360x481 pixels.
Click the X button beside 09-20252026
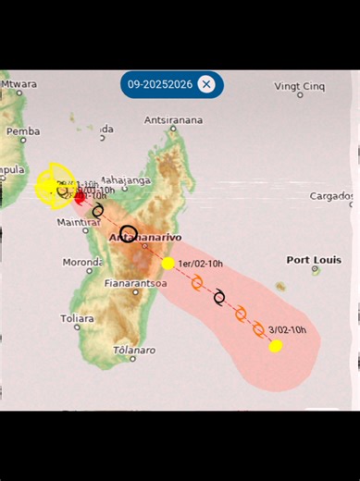[x=206, y=84]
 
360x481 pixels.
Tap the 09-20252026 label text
[x=159, y=84]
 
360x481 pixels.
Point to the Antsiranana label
[x=173, y=120]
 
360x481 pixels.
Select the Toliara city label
[x=77, y=318]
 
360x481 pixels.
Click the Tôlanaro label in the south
[x=134, y=351]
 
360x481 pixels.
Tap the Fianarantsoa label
[x=136, y=283]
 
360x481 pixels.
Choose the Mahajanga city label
[x=125, y=180]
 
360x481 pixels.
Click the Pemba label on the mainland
[x=23, y=131]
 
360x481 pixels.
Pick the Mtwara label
[x=19, y=84]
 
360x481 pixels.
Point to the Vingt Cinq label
[x=300, y=86]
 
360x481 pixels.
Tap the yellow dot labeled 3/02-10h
[x=275, y=346]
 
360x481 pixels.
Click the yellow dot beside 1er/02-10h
[x=168, y=264]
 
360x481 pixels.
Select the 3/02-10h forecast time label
[x=287, y=330]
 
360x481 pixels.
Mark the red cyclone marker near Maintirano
[x=80, y=197]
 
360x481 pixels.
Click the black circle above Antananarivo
[x=129, y=233]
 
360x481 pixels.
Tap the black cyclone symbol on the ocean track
[x=219, y=297]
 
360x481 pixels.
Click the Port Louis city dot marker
[x=316, y=271]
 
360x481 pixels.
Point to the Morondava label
[x=81, y=262]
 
